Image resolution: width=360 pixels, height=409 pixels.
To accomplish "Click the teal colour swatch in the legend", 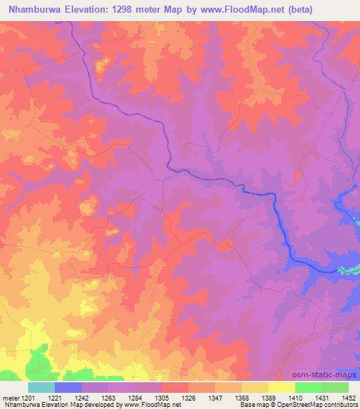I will (x=41, y=387).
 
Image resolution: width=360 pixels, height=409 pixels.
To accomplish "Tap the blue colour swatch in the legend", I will (x=68, y=387).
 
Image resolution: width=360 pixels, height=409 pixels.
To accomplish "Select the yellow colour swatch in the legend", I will (x=281, y=387).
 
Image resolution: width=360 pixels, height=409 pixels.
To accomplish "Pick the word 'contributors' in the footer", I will (x=341, y=405).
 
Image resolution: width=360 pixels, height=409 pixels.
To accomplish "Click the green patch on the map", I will (x=35, y=363).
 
